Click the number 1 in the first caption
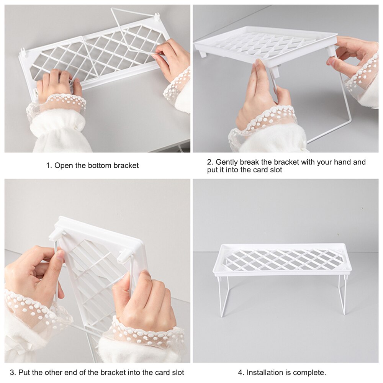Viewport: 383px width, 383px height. [x=48, y=166]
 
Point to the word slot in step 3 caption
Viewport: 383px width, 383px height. [x=177, y=372]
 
